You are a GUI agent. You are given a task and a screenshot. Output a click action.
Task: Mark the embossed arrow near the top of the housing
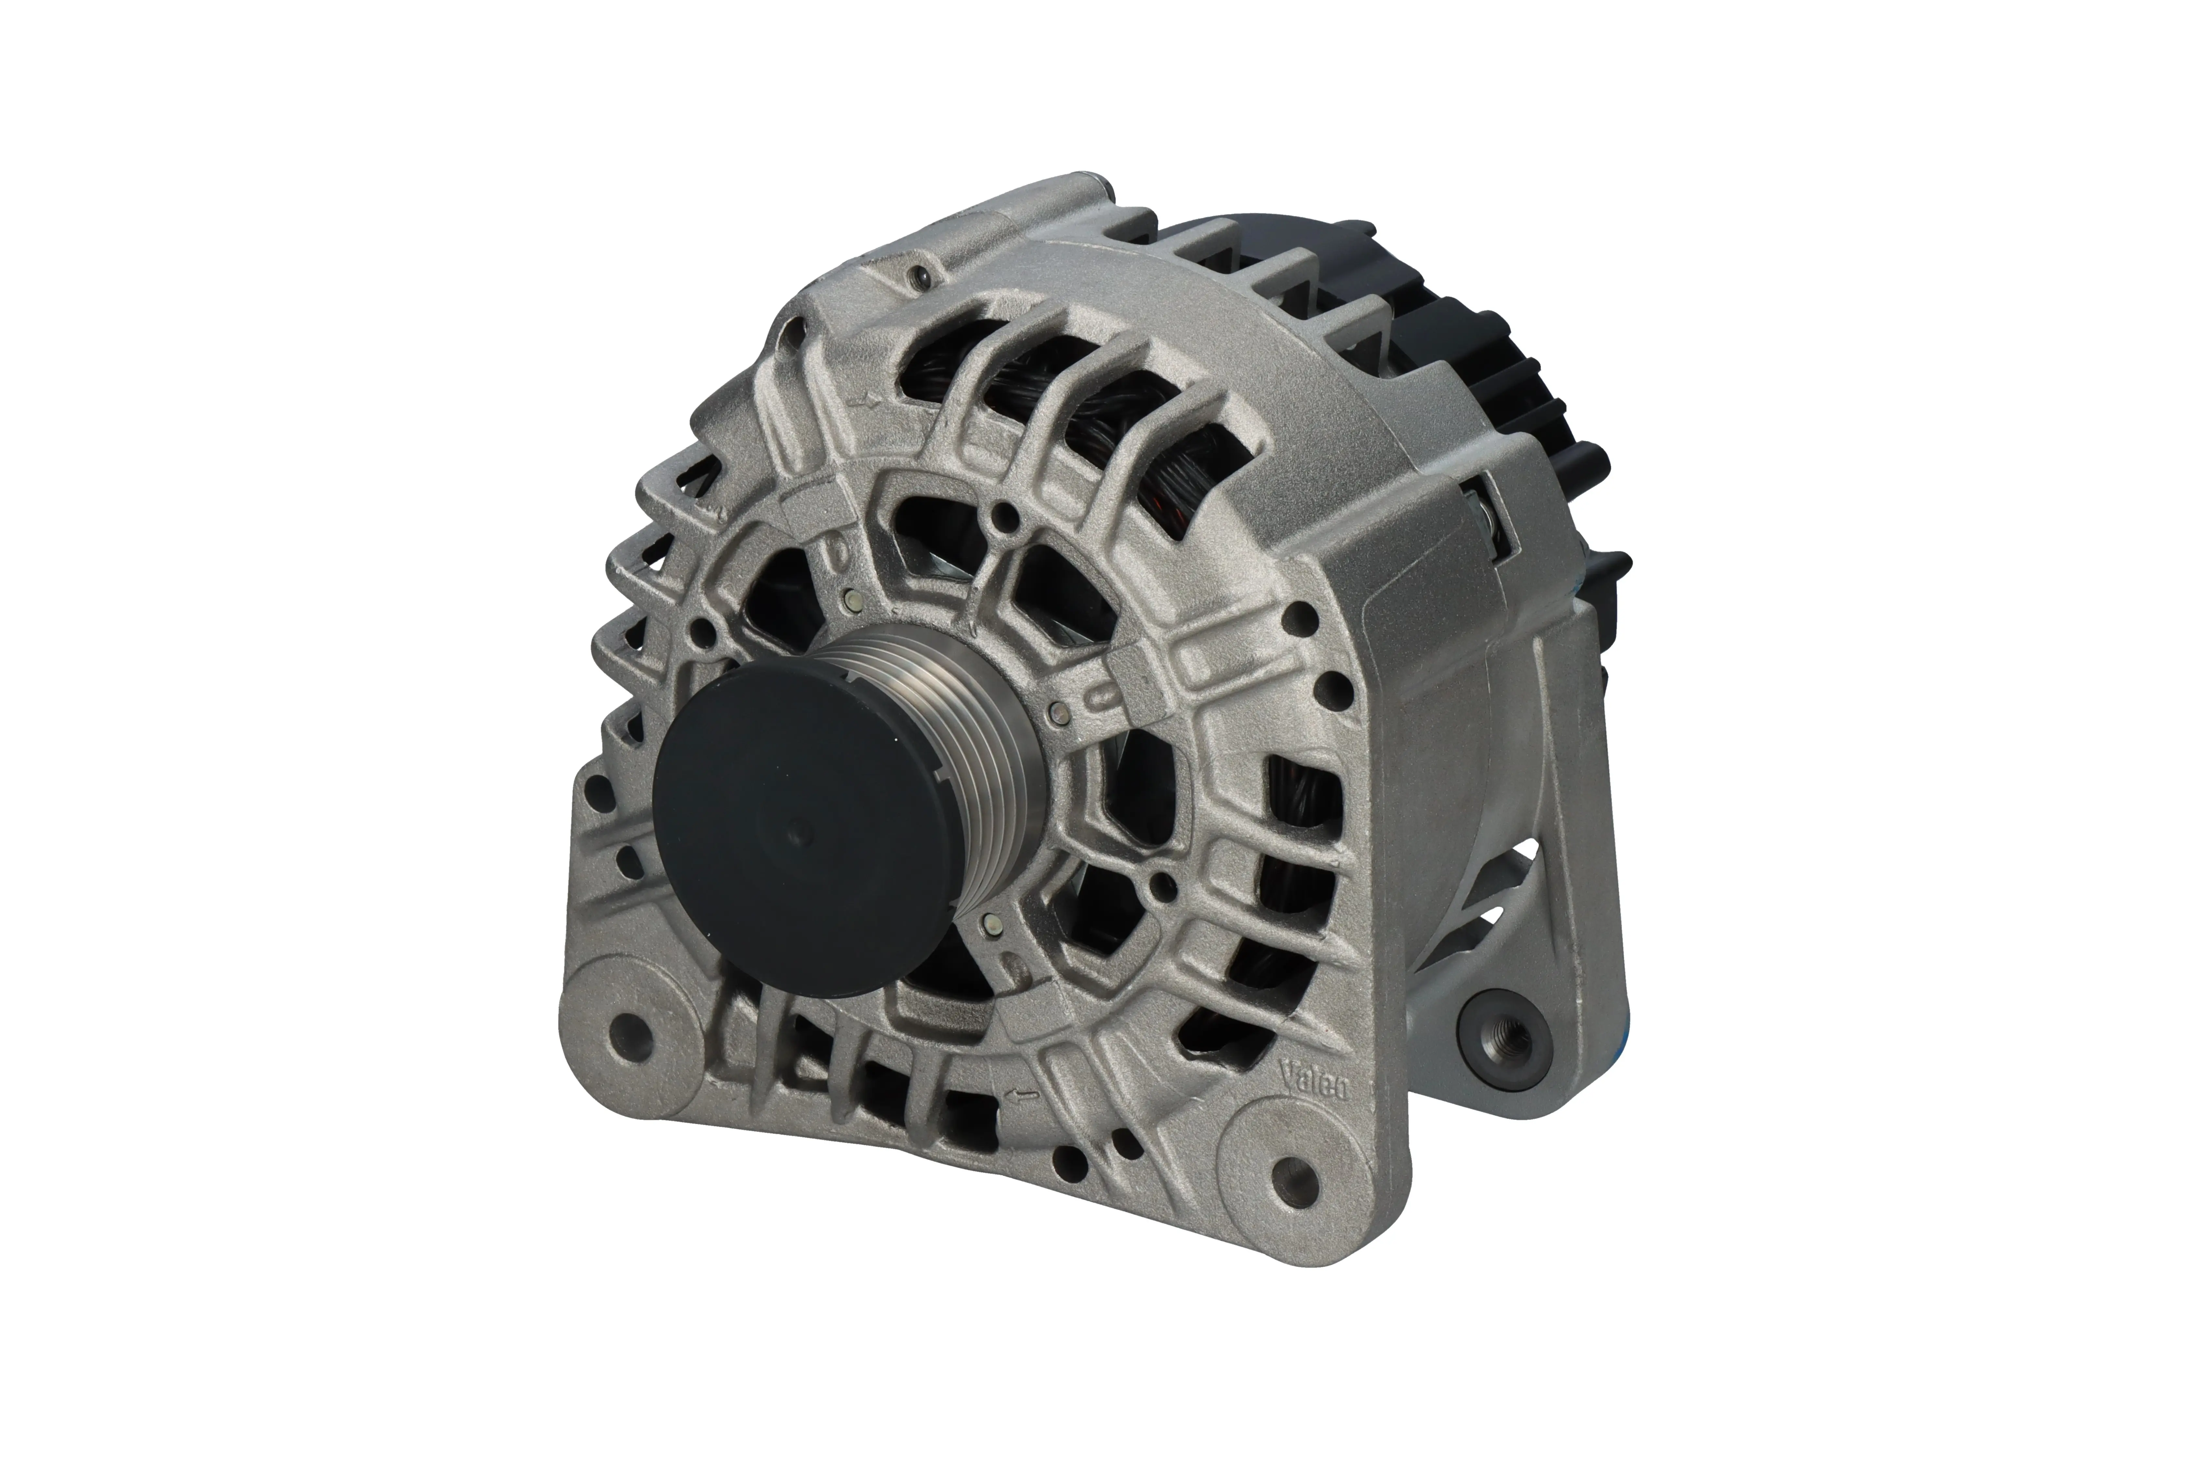pyautogui.click(x=869, y=403)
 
